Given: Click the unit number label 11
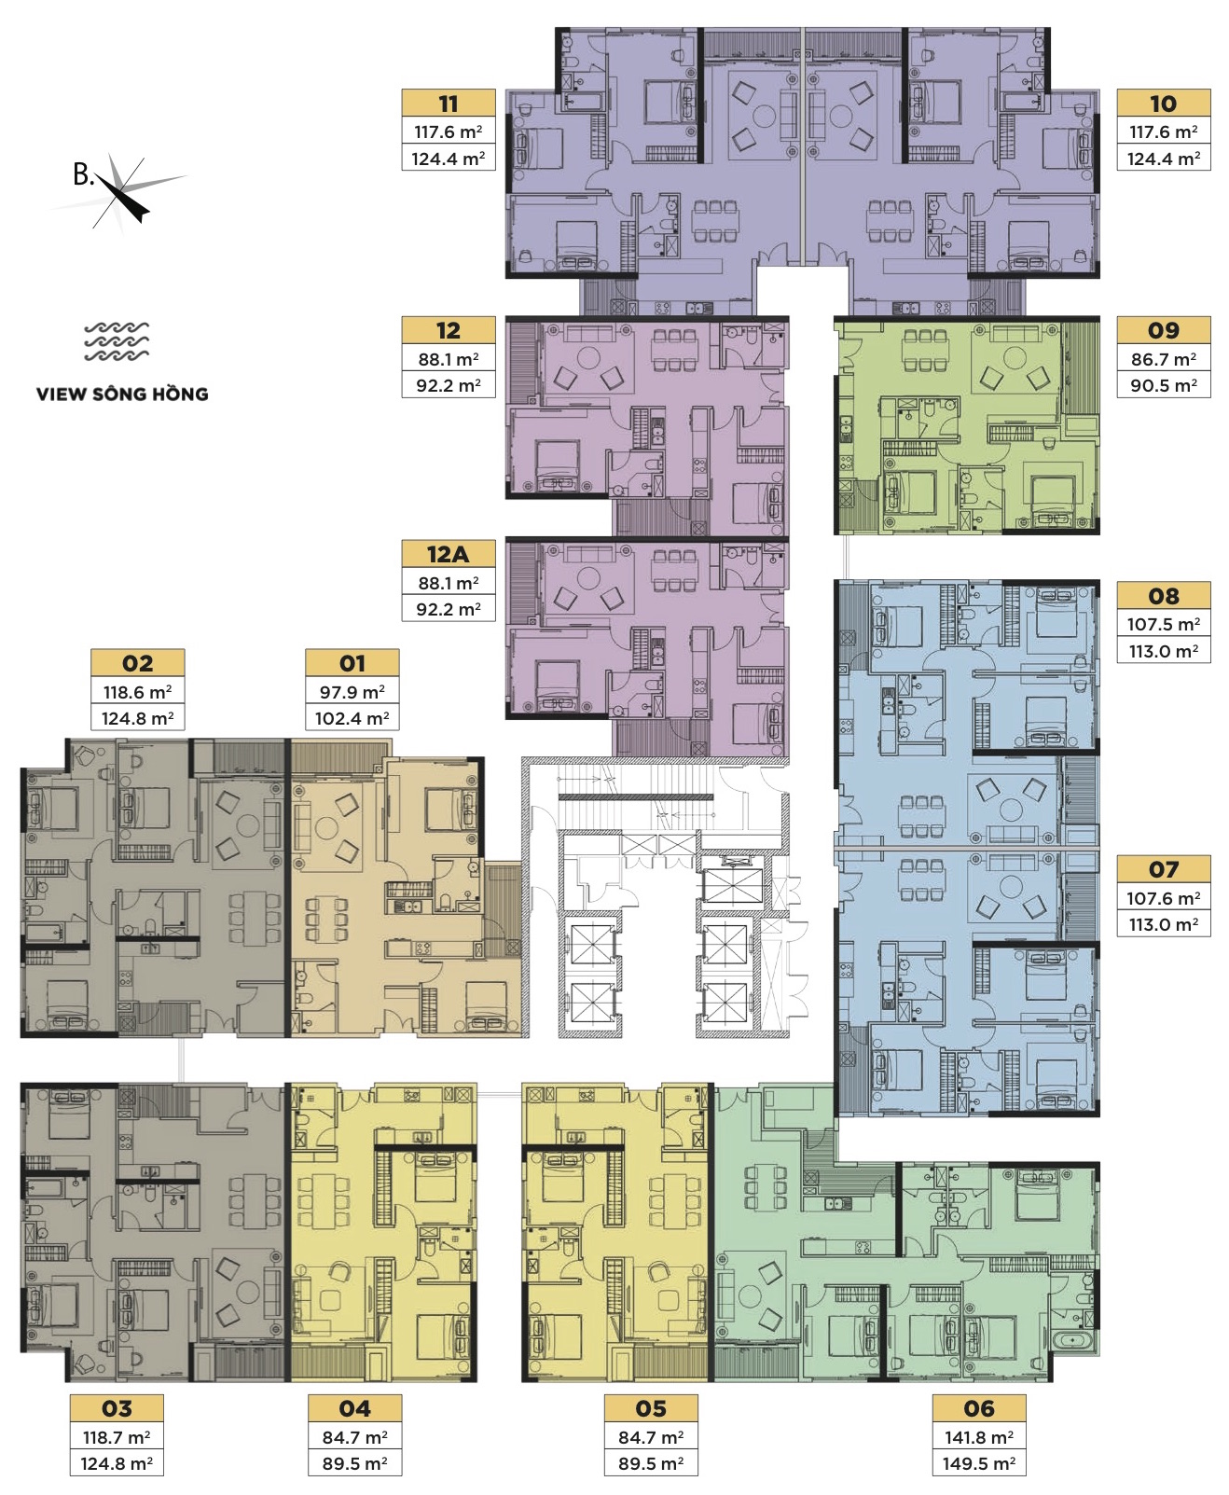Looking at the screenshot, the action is [448, 104].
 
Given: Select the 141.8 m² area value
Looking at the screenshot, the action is [979, 1437].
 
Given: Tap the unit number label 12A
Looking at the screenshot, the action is [448, 554].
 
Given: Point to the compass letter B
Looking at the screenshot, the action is [84, 174].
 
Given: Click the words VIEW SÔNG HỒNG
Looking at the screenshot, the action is [122, 395].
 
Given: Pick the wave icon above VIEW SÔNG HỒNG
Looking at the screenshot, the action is [117, 341].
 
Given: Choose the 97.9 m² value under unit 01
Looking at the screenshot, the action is [352, 692].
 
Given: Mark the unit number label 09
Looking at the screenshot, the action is [1163, 330].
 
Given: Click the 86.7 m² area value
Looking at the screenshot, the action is [1164, 359].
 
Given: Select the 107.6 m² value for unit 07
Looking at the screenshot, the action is [1164, 898].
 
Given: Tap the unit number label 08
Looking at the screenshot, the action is [1163, 596].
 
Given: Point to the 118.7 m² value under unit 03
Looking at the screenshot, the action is [117, 1437].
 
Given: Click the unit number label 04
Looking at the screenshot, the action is [354, 1408].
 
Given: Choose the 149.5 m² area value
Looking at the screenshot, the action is [979, 1463].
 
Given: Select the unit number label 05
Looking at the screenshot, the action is [651, 1408].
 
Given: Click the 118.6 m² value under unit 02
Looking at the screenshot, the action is [137, 692].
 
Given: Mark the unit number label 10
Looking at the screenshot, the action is [1163, 104].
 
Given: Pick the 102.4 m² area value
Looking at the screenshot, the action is [352, 718].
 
